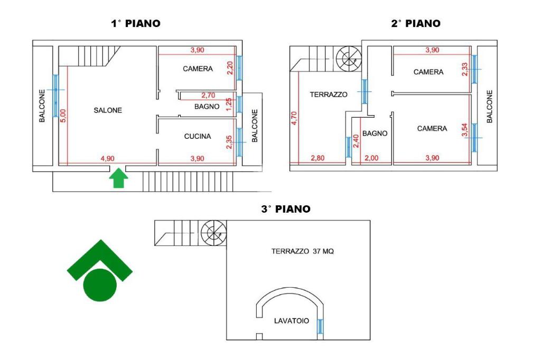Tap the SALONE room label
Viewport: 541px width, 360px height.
(x=108, y=110)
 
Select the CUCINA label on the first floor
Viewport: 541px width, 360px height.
(x=198, y=136)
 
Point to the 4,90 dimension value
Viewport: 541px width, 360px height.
(x=108, y=158)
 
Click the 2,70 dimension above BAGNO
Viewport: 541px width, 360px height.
(x=208, y=96)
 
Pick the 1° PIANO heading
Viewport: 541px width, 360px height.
(x=135, y=23)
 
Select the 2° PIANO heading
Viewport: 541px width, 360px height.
(x=415, y=23)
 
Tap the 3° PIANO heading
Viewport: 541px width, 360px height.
(x=285, y=209)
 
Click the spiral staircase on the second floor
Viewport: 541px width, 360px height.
(x=349, y=58)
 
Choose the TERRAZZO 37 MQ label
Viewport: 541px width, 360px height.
(x=303, y=252)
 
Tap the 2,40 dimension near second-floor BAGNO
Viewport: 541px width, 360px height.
(x=356, y=141)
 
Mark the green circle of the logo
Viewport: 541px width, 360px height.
(x=100, y=285)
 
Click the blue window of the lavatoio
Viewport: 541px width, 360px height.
(x=320, y=327)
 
